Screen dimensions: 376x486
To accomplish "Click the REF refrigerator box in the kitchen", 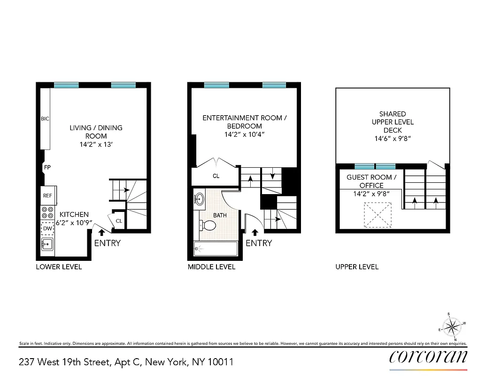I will [47, 196].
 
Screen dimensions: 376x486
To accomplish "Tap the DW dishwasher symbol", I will [47, 228].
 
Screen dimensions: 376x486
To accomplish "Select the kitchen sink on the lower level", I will [47, 245].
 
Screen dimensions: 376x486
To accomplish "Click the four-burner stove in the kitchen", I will [47, 212].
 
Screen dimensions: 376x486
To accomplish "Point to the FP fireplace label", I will [47, 167].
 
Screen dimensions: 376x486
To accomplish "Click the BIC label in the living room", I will [45, 119].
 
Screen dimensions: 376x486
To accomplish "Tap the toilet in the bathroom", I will [208, 226].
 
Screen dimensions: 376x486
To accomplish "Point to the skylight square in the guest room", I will [378, 214].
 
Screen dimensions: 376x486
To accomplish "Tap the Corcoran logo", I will [428, 357].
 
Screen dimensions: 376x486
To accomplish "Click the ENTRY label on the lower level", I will [108, 243].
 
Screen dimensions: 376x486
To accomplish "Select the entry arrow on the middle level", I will [255, 232].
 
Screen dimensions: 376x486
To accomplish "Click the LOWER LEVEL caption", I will [59, 267].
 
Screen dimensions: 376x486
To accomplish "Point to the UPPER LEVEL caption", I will [357, 267].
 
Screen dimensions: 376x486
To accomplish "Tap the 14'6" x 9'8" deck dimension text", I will [393, 139].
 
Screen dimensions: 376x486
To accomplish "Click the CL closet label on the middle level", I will [216, 176].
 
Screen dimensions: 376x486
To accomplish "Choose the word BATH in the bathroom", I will [220, 215].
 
